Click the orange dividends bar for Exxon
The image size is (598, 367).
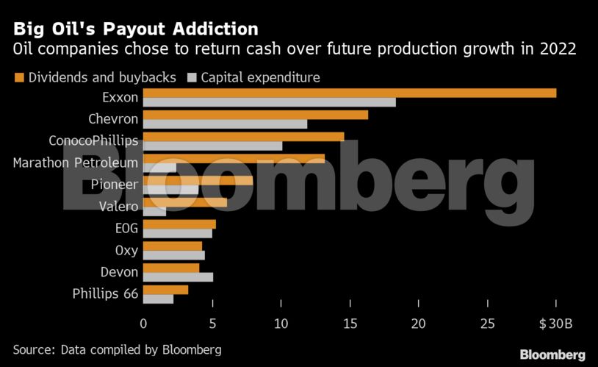pyautogui.click(x=349, y=93)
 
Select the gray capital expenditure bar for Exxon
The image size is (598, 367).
pyautogui.click(x=269, y=102)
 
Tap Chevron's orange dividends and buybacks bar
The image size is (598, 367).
pyautogui.click(x=255, y=115)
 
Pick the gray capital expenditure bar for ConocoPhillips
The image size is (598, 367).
pyautogui.click(x=212, y=146)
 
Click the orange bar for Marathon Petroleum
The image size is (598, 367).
pyautogui.click(x=234, y=159)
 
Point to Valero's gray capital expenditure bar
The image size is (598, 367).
pyautogui.click(x=154, y=212)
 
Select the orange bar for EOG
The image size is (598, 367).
pyautogui.click(x=179, y=224)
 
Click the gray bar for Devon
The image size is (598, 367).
pyautogui.click(x=178, y=277)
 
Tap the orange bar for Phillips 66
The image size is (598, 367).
pyautogui.click(x=165, y=290)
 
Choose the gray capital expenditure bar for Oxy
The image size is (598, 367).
pyautogui.click(x=173, y=255)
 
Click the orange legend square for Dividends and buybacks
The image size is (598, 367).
pyautogui.click(x=18, y=77)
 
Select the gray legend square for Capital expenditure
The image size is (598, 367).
pyautogui.click(x=193, y=77)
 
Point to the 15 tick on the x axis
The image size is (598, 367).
pyautogui.click(x=349, y=324)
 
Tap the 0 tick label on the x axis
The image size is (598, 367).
pyautogui.click(x=143, y=324)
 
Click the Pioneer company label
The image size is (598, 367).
pyautogui.click(x=114, y=185)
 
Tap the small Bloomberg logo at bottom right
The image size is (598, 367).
pyautogui.click(x=552, y=354)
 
